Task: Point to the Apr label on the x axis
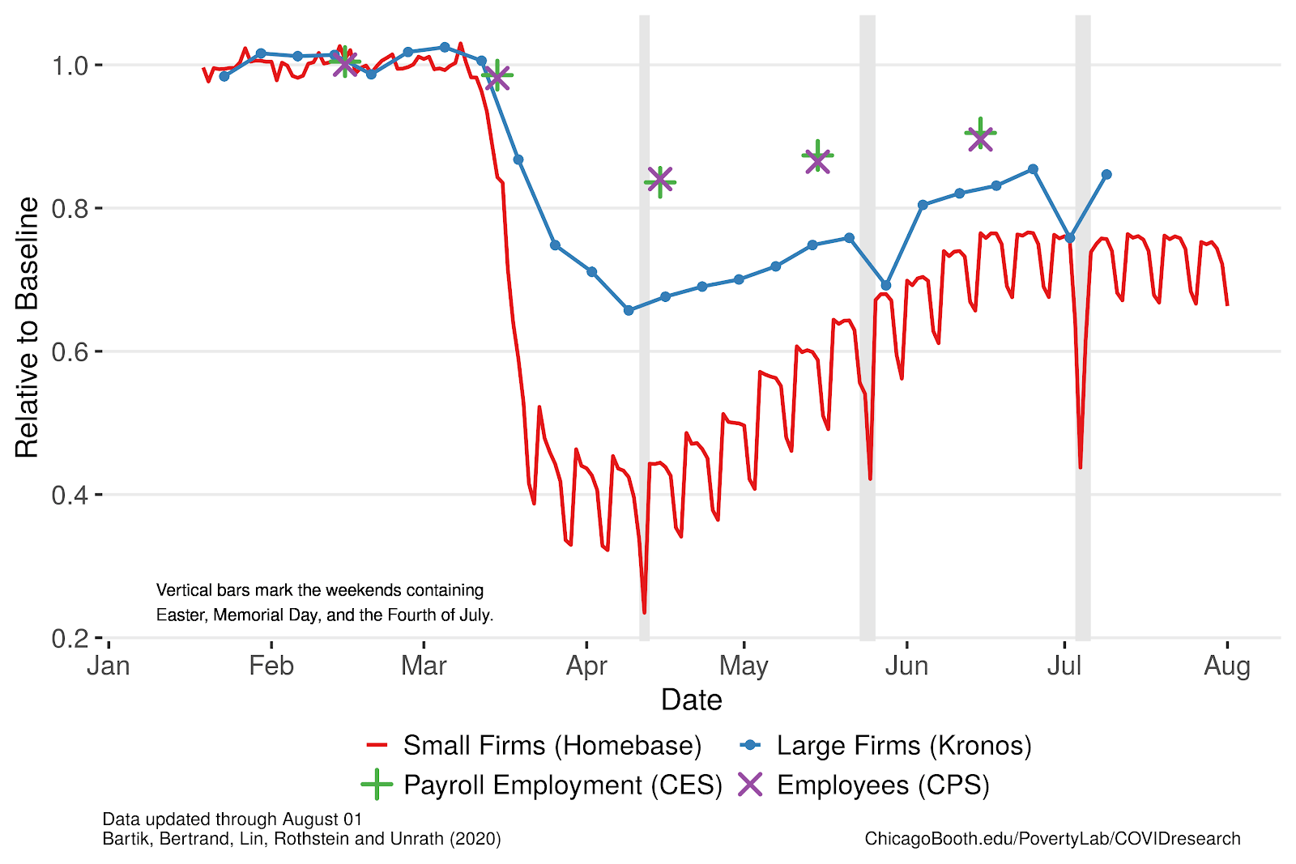click(586, 666)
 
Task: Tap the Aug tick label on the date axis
click(1227, 666)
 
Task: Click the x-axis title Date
click(691, 700)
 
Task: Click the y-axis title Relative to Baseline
click(27, 328)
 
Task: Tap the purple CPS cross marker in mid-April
click(660, 180)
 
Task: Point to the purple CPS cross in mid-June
click(980, 138)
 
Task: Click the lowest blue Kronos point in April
click(629, 310)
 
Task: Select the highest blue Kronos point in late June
click(1033, 169)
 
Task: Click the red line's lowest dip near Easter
click(644, 612)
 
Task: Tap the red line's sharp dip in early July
click(1081, 466)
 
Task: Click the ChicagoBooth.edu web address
click(1052, 839)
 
